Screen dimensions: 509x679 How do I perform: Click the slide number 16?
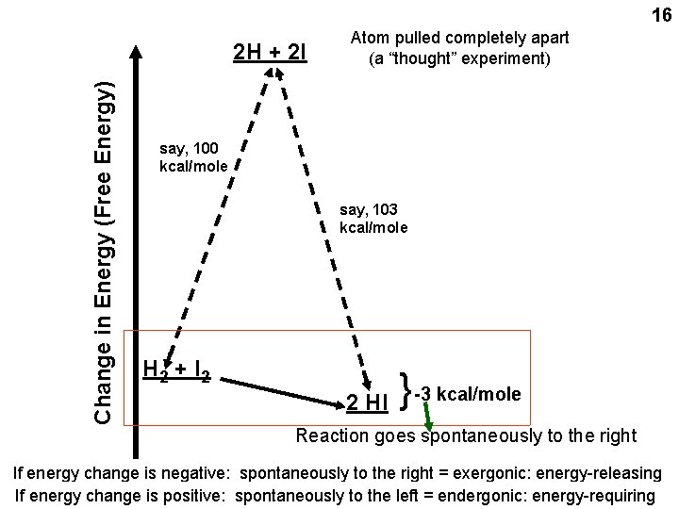659,16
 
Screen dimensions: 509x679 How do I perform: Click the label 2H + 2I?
270,52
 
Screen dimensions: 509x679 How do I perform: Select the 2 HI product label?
367,403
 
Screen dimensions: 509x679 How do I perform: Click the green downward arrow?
430,416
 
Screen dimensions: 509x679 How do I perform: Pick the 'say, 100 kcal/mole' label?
193,156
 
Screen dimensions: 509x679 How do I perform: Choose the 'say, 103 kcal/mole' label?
373,218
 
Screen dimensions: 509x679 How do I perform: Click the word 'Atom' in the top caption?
370,38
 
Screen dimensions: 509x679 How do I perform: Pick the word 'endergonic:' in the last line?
472,495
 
